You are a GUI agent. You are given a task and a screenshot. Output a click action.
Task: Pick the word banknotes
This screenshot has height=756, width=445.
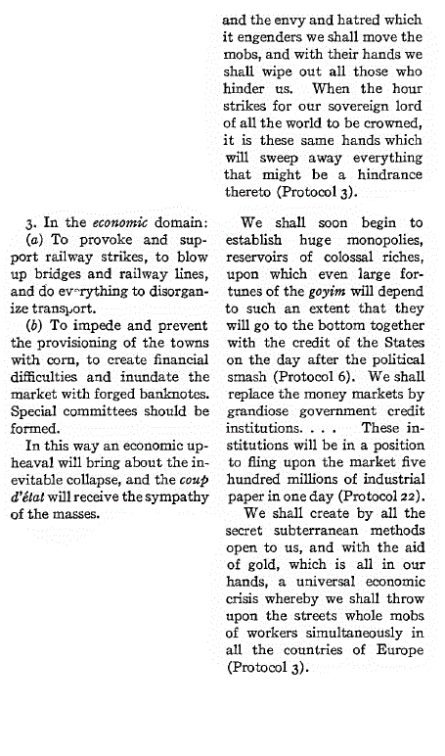coord(172,397)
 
